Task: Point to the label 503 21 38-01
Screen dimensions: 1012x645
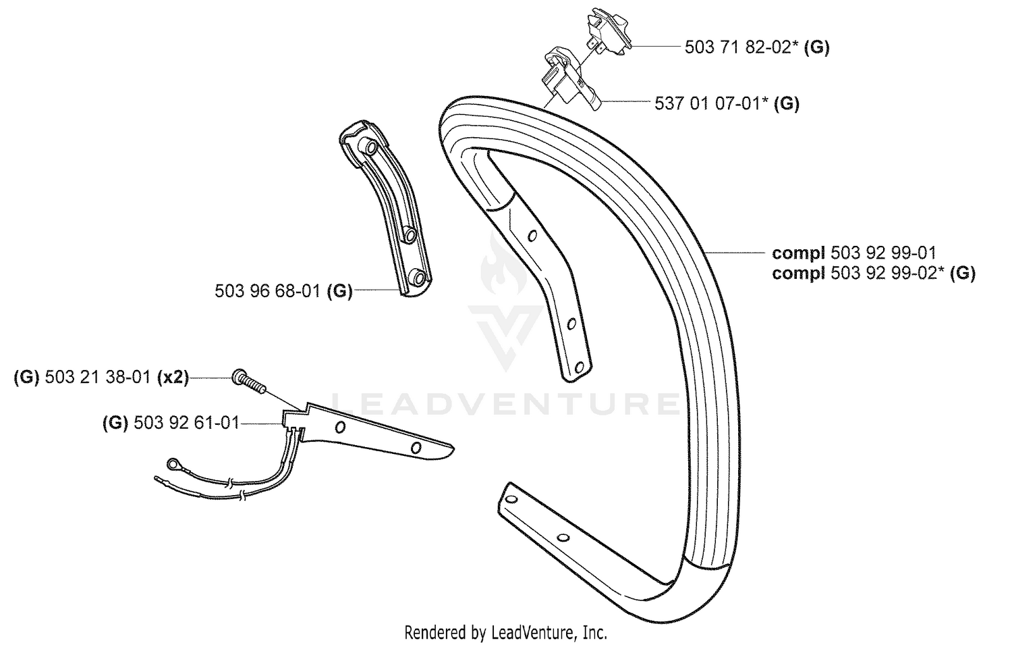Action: [x=98, y=377]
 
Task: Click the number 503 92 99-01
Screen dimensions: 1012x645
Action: [x=883, y=253]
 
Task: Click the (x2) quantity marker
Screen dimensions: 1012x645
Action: [x=173, y=377]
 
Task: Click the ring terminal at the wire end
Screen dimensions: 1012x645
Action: [x=173, y=463]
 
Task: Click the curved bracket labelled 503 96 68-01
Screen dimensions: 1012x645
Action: [x=384, y=209]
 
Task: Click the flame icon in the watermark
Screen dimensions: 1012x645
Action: [x=503, y=267]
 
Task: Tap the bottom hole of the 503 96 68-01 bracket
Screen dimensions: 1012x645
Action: [x=419, y=278]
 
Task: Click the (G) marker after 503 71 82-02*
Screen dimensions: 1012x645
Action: [x=817, y=47]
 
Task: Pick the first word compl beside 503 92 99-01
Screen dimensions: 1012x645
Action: [x=799, y=253]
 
